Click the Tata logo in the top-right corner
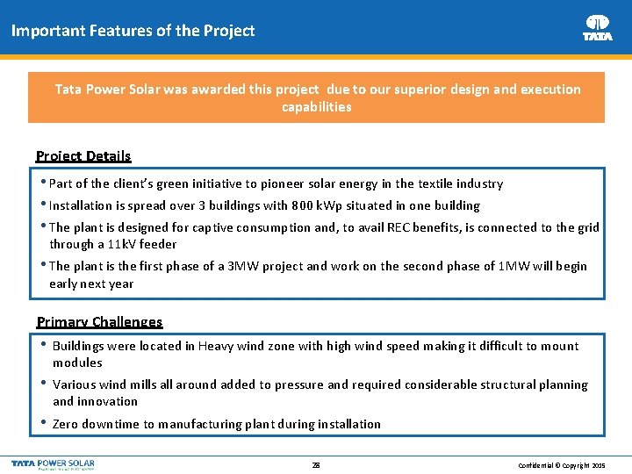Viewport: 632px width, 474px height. (x=598, y=27)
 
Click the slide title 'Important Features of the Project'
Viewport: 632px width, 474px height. (x=133, y=31)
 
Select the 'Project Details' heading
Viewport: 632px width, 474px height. (x=83, y=156)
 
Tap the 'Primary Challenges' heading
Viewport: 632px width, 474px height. (x=99, y=322)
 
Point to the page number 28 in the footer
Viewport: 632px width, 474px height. (x=316, y=464)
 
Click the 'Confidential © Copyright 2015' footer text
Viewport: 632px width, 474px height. (x=562, y=464)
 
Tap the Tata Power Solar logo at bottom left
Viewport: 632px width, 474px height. (x=53, y=463)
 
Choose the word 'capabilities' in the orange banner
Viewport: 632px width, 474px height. (x=316, y=107)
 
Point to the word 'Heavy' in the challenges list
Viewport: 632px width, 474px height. (x=216, y=346)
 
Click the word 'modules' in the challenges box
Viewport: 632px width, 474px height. (x=77, y=363)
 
